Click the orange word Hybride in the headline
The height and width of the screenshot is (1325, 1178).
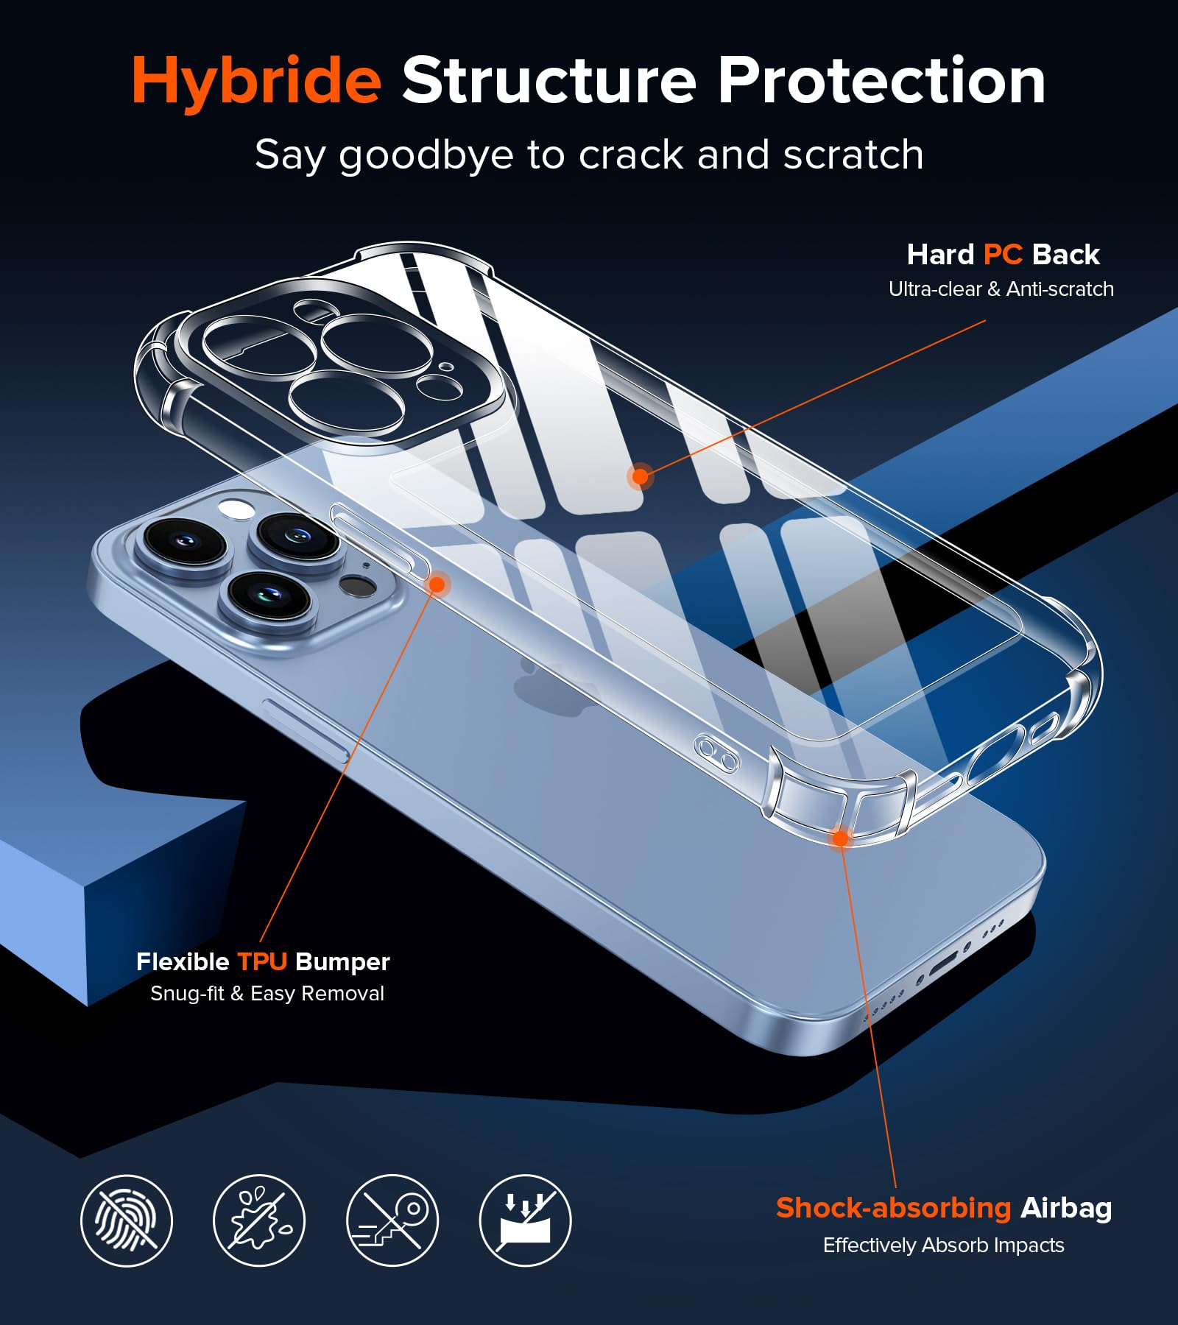click(x=256, y=82)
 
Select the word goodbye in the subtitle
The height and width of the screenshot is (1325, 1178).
click(x=426, y=156)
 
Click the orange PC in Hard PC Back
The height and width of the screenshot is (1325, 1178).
click(x=1003, y=255)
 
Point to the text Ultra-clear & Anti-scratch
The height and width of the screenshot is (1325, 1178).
click(x=1001, y=289)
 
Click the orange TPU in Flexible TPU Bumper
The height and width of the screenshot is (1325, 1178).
click(x=261, y=961)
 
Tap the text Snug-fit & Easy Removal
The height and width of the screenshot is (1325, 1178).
click(x=267, y=994)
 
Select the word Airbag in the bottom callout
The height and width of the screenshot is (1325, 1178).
click(x=1066, y=1208)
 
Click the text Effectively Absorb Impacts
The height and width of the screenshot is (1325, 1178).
click(x=943, y=1245)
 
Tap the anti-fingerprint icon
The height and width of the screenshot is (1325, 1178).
click(x=127, y=1220)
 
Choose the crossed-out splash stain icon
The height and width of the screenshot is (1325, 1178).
click(x=259, y=1220)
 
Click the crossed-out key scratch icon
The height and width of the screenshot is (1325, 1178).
click(x=392, y=1220)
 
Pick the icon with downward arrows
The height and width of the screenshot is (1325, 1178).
click(x=525, y=1220)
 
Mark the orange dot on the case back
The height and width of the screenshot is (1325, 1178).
click(x=641, y=476)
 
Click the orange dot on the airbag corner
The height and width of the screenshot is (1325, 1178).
click(x=840, y=837)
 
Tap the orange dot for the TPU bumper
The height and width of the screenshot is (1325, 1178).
click(x=437, y=584)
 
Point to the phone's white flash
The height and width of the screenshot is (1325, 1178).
click(x=236, y=507)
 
